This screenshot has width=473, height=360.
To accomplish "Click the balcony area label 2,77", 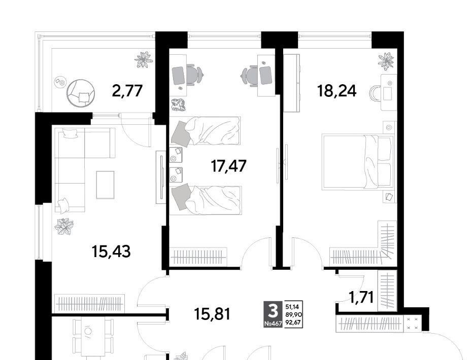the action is click(127, 91).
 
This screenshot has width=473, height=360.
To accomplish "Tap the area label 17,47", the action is click(229, 166).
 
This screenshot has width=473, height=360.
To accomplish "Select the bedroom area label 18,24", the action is click(336, 91).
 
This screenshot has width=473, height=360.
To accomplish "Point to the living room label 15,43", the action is click(111, 251).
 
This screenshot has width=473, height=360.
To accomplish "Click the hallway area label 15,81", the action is click(212, 314).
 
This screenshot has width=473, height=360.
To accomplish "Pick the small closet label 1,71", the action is click(361, 297).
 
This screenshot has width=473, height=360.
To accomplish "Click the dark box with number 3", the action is click(273, 314).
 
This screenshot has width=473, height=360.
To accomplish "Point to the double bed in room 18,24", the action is click(357, 162).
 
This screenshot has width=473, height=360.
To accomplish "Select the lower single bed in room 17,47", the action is click(205, 200).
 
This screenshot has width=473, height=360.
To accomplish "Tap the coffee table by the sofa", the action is click(105, 185).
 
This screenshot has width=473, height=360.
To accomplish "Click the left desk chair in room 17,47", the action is click(194, 75).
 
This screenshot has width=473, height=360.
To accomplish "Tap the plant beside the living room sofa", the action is click(64, 227).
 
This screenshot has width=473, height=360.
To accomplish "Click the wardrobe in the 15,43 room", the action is click(89, 303).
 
